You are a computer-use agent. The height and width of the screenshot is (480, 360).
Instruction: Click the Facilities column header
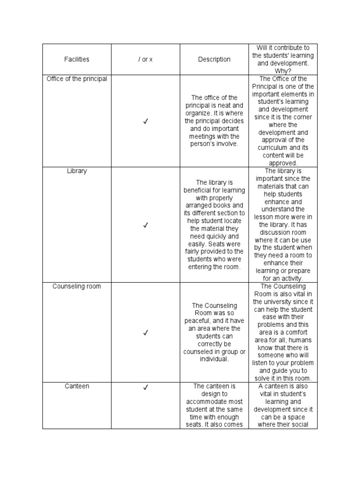(x=76, y=60)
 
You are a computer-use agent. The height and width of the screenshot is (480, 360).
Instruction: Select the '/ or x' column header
(x=145, y=60)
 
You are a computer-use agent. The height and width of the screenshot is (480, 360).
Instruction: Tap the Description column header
(x=214, y=60)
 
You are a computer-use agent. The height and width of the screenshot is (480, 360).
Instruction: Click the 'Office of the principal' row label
(x=77, y=79)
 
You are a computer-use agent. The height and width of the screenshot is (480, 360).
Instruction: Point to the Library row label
(x=77, y=171)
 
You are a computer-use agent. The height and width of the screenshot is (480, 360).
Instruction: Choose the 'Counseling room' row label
(x=77, y=286)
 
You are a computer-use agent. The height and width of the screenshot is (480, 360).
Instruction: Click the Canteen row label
(x=77, y=386)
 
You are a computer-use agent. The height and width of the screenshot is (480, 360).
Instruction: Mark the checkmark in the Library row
(x=145, y=225)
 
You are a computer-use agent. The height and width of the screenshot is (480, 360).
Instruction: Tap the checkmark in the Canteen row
(x=145, y=387)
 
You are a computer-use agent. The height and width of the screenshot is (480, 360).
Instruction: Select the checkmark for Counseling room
(x=145, y=332)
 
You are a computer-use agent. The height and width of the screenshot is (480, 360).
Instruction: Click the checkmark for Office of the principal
(x=145, y=121)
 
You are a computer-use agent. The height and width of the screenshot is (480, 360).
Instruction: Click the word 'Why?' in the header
(x=283, y=71)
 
